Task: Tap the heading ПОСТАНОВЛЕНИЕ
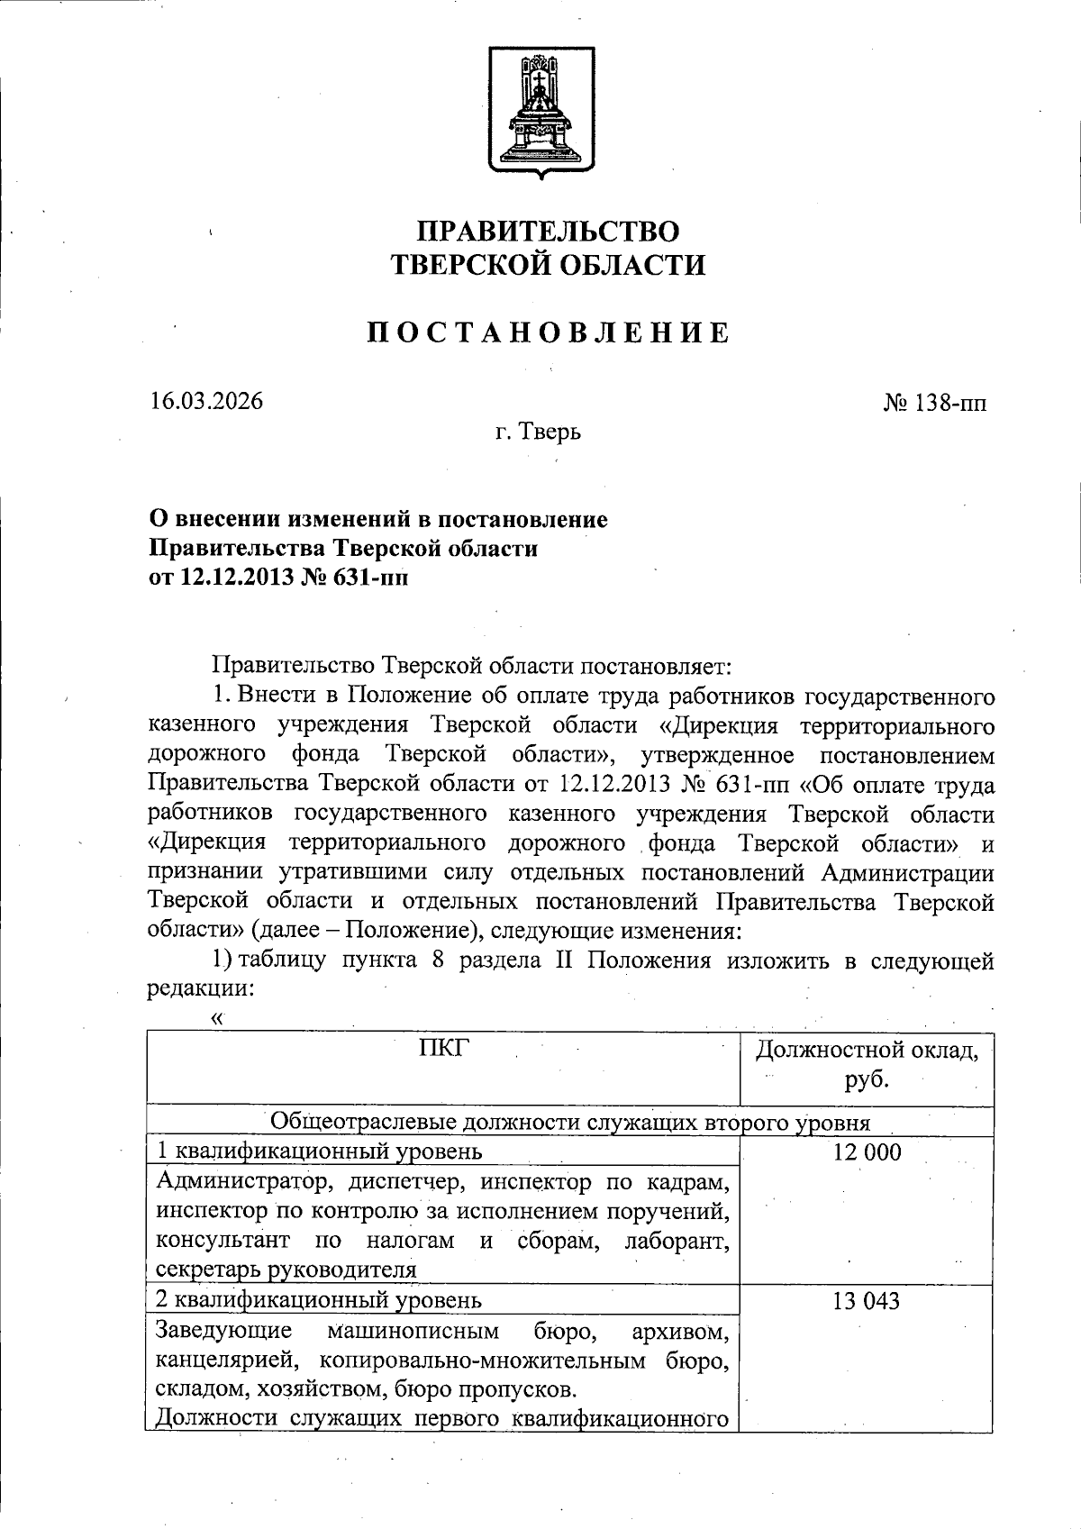click(548, 333)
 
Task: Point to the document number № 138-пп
click(934, 403)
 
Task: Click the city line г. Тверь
click(538, 432)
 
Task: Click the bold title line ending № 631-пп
click(278, 577)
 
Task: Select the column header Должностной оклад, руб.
click(867, 1063)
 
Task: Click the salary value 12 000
click(867, 1151)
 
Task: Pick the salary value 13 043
click(867, 1301)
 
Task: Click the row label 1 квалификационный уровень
click(319, 1151)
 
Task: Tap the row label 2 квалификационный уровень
click(319, 1300)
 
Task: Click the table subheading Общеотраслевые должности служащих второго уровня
click(570, 1122)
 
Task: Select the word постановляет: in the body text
click(659, 667)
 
